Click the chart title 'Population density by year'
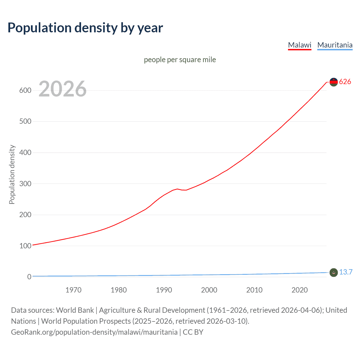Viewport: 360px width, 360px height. pos(85,28)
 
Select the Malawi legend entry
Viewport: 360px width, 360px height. pos(300,45)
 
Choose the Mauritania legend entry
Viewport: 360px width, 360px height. pos(335,45)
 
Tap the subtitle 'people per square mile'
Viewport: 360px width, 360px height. pos(180,60)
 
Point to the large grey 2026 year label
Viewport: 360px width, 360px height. pos(62,89)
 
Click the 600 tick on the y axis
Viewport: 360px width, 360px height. pos(25,90)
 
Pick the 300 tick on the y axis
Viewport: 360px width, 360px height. pos(25,184)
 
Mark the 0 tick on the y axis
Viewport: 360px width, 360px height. pos(29,277)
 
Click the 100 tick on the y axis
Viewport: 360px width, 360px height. pos(25,246)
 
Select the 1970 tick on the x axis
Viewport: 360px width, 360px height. pos(73,290)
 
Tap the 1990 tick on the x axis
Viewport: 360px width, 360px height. pos(164,290)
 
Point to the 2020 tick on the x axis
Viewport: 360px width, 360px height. pos(300,290)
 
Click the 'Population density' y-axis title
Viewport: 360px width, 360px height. pos(12,174)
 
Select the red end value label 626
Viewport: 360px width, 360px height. pos(345,82)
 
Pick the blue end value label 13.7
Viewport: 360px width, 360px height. pos(346,272)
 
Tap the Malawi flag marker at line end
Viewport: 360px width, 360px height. pos(334,82)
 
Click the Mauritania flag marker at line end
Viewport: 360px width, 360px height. pos(334,272)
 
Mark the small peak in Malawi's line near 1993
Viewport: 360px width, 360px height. pos(177,189)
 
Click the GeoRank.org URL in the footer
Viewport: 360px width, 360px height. pos(94,332)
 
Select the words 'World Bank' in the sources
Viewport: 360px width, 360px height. pos(75,310)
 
